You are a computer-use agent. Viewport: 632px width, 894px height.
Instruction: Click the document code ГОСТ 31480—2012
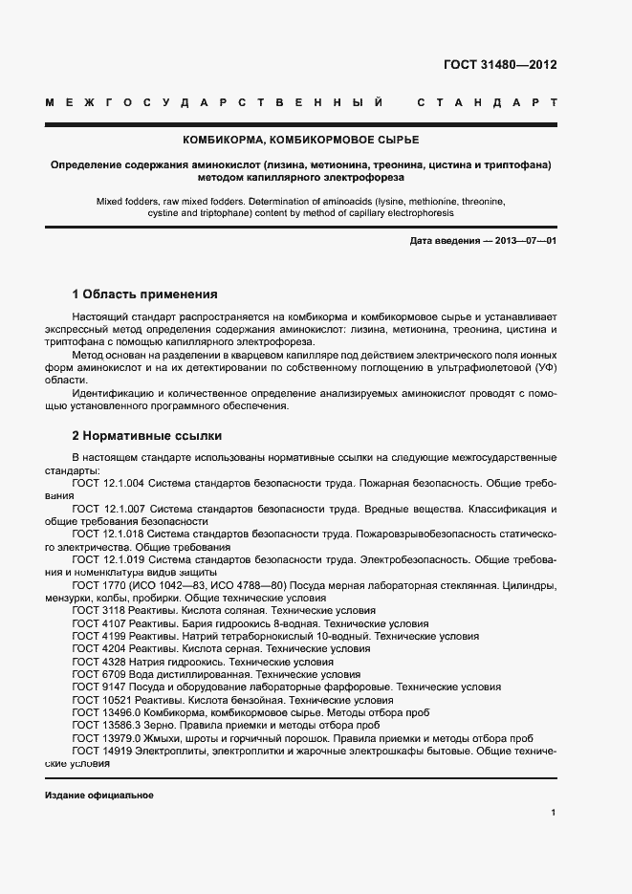point(499,66)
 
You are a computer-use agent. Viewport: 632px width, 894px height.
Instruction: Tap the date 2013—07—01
point(525,241)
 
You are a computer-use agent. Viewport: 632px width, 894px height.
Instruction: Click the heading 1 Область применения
point(145,294)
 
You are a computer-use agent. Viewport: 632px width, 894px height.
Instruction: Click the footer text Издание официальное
point(99,796)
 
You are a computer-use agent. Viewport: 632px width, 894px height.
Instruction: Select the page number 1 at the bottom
point(554,813)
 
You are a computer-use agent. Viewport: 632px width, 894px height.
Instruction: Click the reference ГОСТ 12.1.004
point(109,484)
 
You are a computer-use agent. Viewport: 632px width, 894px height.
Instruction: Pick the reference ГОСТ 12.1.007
point(109,510)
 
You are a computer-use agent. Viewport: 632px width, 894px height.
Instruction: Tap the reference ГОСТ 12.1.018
point(109,534)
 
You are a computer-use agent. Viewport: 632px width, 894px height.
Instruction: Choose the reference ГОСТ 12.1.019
point(109,559)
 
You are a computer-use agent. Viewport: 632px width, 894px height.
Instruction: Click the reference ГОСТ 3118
point(97,610)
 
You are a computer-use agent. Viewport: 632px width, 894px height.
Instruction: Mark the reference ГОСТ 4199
point(97,635)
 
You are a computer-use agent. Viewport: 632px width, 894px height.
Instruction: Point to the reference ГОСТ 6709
point(97,674)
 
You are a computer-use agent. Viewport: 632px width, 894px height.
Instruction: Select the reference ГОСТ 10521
point(100,700)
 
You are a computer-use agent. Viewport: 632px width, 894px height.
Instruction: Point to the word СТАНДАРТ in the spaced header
point(487,101)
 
